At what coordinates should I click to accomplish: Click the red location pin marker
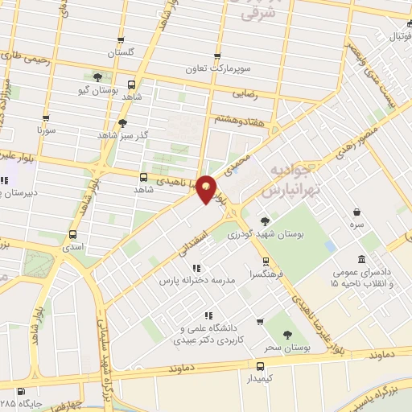[207, 189]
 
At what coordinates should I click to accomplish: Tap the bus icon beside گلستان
[121, 39]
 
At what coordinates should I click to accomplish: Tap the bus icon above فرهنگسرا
[265, 260]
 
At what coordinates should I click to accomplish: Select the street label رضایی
[244, 94]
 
